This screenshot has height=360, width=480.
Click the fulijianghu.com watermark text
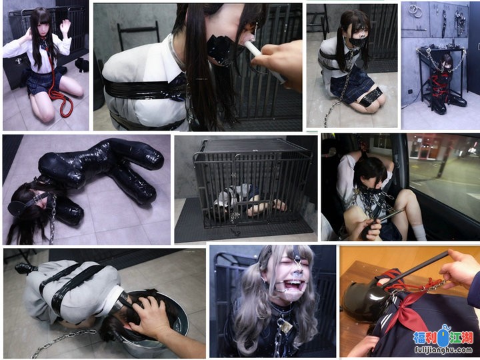point(444,349)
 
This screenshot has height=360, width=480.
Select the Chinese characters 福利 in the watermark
point(425,337)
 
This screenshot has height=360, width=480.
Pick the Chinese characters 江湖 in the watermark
point(461,337)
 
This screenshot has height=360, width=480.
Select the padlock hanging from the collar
point(286,328)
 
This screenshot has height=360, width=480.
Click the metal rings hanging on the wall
point(415,11)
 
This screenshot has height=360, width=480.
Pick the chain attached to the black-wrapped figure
point(53,219)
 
